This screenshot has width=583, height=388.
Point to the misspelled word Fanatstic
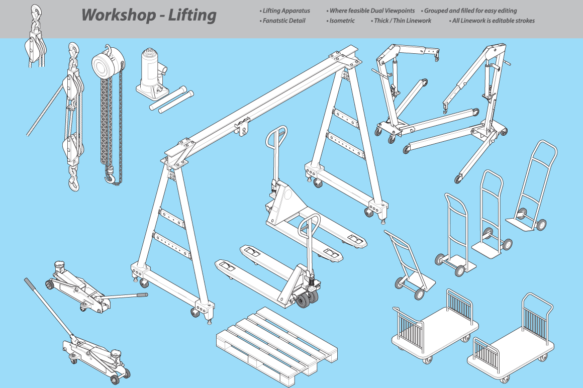point(275,21)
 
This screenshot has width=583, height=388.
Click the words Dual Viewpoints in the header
point(393,11)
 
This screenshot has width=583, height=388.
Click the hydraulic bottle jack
point(152,74)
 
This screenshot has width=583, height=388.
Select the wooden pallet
point(277,346)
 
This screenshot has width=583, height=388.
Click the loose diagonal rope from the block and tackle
point(45,110)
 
